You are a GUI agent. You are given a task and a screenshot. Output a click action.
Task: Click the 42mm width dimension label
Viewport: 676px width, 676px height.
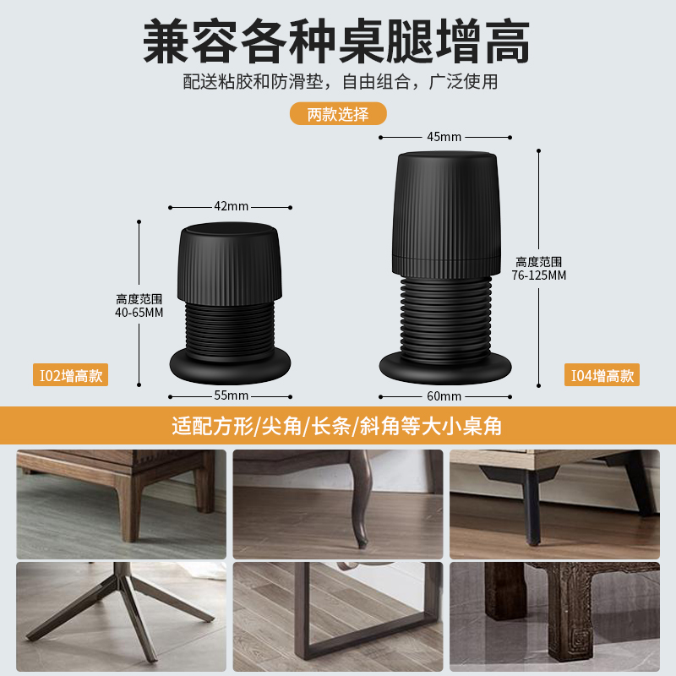click(231, 206)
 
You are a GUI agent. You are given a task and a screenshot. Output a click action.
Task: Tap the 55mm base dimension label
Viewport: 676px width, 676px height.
click(231, 395)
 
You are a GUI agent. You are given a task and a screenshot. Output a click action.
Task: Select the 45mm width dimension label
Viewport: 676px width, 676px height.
click(444, 136)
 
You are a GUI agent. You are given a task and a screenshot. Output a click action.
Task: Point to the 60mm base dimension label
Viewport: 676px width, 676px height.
click(444, 395)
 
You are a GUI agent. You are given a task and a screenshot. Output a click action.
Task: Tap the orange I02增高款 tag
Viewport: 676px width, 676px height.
click(71, 376)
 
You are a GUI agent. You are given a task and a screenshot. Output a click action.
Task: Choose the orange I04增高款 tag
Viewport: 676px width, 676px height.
click(602, 376)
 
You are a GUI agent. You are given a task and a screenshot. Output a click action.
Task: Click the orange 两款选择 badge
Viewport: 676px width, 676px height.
click(338, 114)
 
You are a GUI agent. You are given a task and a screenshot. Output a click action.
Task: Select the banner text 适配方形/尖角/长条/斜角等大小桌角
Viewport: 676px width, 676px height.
click(338, 426)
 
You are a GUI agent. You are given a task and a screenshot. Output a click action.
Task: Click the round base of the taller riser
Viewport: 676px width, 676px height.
click(445, 365)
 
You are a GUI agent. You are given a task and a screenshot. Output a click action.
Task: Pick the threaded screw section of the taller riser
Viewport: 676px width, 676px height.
click(445, 313)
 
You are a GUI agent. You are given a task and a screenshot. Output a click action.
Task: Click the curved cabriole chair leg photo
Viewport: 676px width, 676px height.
click(338, 504)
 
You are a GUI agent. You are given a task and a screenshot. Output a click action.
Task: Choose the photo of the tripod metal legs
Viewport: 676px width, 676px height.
click(122, 617)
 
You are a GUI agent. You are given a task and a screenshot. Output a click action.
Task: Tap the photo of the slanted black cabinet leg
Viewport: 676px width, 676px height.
click(553, 504)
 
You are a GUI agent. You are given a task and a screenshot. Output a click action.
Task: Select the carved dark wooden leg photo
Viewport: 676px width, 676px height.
click(553, 617)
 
